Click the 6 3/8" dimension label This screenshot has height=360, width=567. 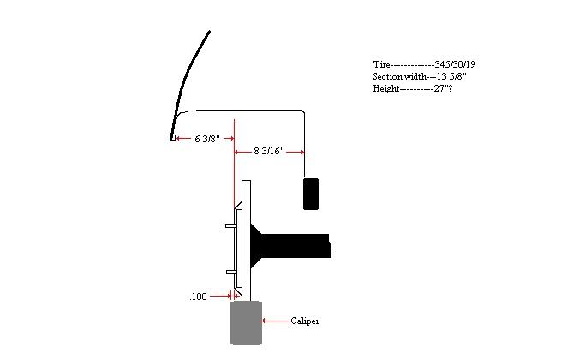click(x=207, y=139)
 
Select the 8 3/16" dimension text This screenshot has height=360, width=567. click(x=269, y=151)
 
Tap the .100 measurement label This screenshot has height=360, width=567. click(x=198, y=297)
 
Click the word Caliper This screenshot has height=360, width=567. click(x=305, y=321)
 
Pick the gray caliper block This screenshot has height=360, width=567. click(x=247, y=322)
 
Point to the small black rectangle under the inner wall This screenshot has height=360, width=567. click(x=311, y=194)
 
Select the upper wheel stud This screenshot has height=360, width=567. click(x=231, y=225)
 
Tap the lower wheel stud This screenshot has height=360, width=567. click(x=231, y=272)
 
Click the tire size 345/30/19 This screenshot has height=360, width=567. click(x=455, y=64)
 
